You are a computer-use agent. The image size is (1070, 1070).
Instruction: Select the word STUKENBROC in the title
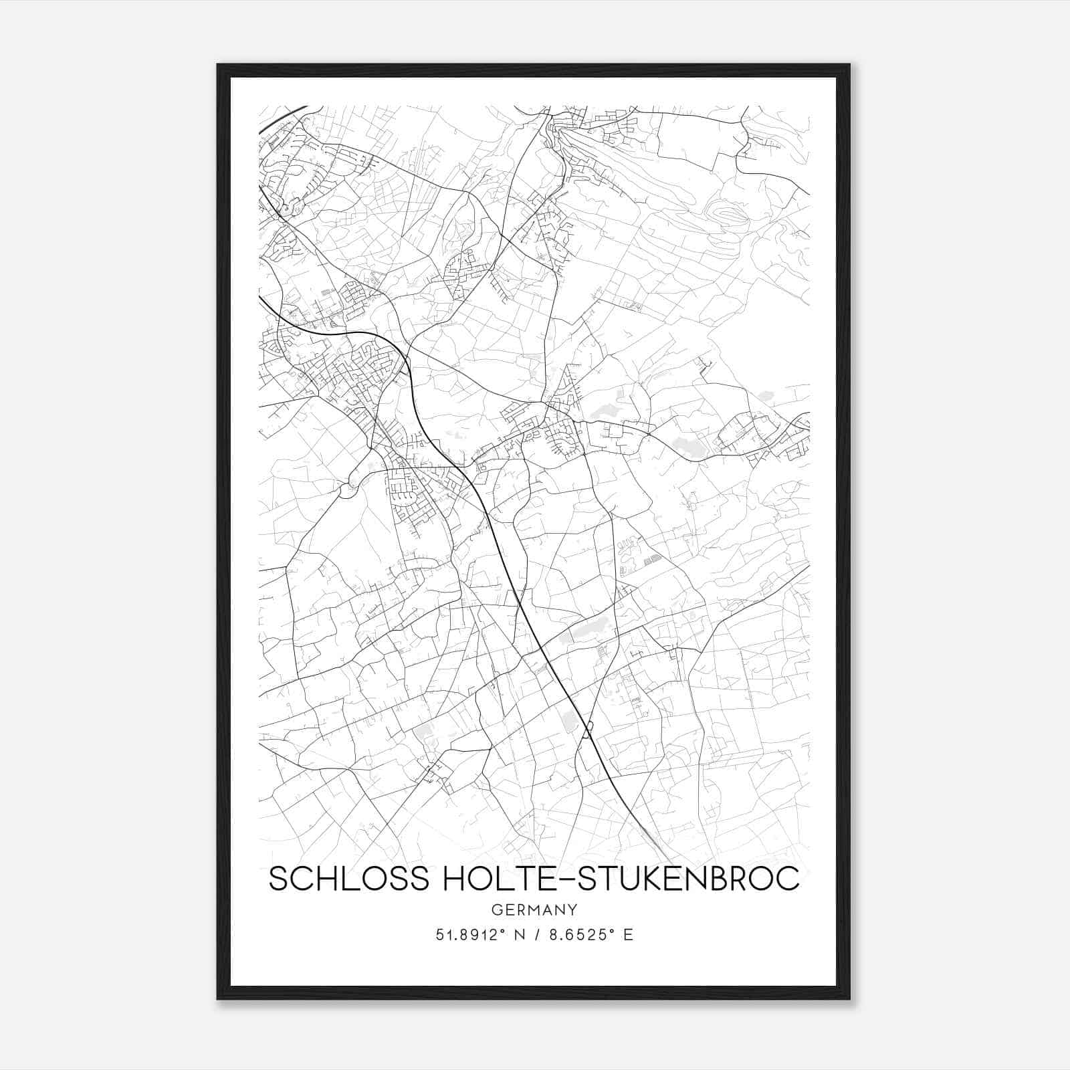[x=689, y=878]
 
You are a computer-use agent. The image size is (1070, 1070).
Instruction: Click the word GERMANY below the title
[x=534, y=909]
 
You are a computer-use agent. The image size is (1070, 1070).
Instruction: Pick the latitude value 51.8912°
[x=469, y=935]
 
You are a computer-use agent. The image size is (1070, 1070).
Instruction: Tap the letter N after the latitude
[x=516, y=935]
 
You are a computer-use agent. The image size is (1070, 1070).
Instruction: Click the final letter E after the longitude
[x=628, y=935]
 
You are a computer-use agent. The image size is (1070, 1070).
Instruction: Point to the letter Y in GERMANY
[x=572, y=909]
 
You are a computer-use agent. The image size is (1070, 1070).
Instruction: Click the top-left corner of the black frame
[x=219, y=66]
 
